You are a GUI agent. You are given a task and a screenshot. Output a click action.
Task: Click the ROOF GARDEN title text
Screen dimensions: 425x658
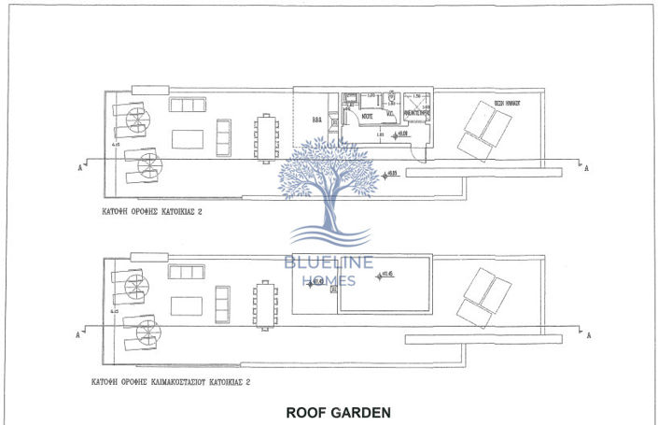337,411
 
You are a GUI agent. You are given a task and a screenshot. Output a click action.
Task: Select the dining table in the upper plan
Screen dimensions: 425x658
266,137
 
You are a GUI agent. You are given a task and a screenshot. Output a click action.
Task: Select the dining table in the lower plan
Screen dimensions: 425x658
266,305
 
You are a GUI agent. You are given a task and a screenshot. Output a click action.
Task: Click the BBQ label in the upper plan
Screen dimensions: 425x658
315,120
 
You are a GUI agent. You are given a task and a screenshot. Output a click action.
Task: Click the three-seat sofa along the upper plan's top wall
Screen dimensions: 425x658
187,104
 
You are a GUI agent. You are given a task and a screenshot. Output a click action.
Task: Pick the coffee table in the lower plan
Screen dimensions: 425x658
187,306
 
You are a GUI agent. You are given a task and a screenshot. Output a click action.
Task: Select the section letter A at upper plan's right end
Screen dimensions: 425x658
585,169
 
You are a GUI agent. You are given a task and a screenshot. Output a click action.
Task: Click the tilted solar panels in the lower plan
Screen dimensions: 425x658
485,296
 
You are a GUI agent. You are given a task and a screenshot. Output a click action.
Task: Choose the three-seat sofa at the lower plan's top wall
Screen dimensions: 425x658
187,272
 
